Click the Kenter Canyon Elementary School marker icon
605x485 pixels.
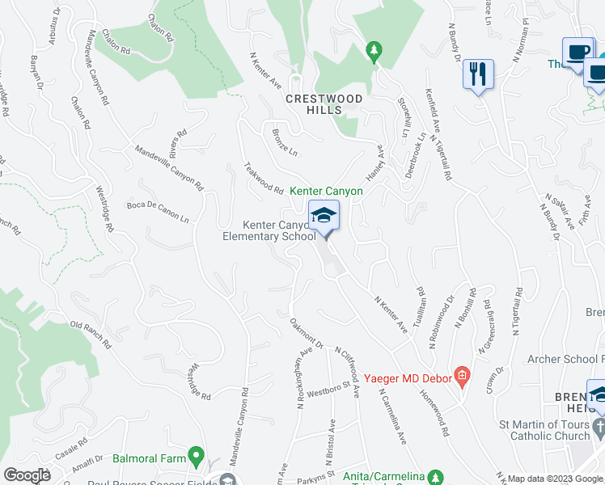pos(324,216)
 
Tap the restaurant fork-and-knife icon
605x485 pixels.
pos(478,74)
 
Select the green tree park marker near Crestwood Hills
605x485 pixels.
pos(373,52)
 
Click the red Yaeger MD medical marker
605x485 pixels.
pos(462,375)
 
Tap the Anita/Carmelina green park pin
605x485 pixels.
pos(435,478)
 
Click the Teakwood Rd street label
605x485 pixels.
pos(264,179)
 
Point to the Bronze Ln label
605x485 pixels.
pos(285,141)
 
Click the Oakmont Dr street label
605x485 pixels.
pos(307,332)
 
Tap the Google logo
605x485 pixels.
pos(27,475)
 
